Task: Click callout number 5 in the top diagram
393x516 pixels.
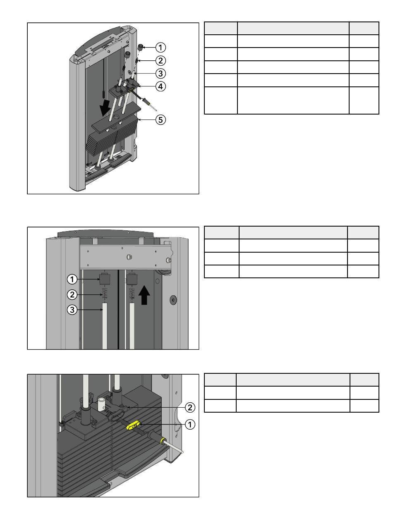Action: (x=161, y=119)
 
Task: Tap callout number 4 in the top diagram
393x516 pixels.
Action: (x=161, y=86)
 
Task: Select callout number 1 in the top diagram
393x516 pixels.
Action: (x=161, y=48)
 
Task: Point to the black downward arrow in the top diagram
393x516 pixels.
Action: (x=105, y=107)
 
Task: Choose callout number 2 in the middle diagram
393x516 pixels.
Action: (x=72, y=294)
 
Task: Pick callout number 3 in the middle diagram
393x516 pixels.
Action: (x=72, y=310)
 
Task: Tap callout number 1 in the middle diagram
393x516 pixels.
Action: (x=72, y=279)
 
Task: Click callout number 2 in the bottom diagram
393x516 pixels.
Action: (x=190, y=407)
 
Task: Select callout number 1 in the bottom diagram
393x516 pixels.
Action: (x=190, y=425)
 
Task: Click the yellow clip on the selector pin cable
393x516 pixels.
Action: (x=133, y=425)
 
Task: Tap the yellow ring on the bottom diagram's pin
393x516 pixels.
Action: (x=162, y=440)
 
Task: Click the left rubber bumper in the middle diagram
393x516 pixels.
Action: (x=105, y=279)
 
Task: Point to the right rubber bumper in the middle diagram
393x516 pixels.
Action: (x=132, y=279)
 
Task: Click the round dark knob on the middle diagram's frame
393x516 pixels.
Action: (x=173, y=300)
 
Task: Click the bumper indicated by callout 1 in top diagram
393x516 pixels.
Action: (x=141, y=47)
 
